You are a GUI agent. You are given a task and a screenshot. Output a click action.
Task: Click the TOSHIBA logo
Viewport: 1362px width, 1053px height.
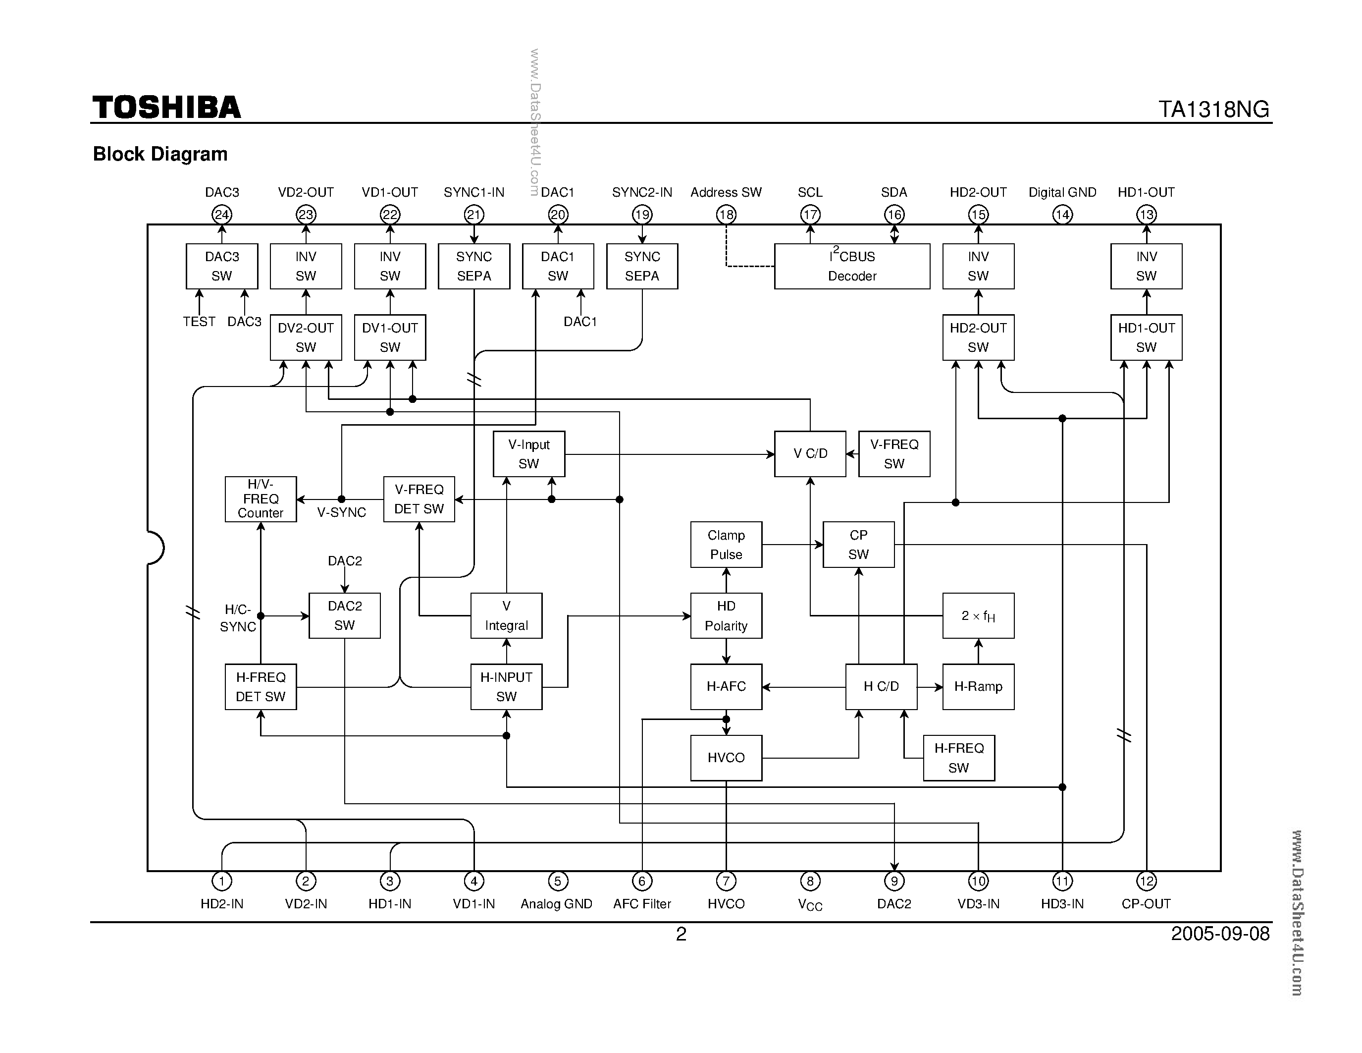coord(166,108)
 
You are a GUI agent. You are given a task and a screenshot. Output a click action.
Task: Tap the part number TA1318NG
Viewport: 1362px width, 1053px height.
coord(1213,109)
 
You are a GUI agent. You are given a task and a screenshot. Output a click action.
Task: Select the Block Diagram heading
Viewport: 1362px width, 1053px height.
coord(160,154)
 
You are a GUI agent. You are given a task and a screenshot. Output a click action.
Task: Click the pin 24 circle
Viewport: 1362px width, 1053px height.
coord(221,215)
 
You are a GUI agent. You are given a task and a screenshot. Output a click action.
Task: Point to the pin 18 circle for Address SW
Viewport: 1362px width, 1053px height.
coord(726,215)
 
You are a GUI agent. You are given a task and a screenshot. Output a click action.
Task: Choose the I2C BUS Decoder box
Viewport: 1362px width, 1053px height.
coord(852,267)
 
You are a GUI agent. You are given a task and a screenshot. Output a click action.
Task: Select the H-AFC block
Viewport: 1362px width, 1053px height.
coord(726,687)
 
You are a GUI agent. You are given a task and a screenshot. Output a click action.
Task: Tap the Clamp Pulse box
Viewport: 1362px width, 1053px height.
coord(726,545)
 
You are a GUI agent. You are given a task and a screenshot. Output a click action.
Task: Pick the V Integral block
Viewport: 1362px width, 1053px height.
coord(506,616)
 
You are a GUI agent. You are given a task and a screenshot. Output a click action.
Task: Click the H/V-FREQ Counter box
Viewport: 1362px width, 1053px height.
coord(261,499)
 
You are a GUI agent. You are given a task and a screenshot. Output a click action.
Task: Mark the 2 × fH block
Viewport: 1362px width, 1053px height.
coord(978,616)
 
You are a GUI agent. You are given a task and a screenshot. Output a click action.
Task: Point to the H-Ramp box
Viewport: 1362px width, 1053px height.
coord(978,687)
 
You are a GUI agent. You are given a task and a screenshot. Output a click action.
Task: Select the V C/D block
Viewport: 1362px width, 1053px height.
coord(810,454)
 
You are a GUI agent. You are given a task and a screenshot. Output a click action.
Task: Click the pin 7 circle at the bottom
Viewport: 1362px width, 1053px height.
coord(726,881)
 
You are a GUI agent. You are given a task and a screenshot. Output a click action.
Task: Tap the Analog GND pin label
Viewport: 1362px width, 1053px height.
coord(556,904)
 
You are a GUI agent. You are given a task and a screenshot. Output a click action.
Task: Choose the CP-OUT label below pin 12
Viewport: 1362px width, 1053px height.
coord(1146,904)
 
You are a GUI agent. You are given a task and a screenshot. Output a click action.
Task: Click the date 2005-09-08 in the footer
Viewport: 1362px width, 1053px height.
coord(1220,934)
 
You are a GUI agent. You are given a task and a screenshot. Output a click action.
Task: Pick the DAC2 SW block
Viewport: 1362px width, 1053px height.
coord(344,616)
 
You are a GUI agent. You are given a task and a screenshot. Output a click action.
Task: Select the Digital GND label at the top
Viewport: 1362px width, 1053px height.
coord(1062,192)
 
